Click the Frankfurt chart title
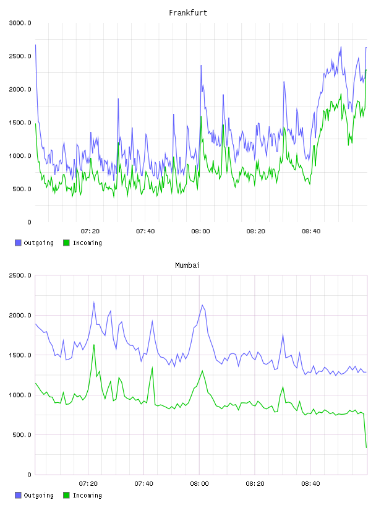[188, 13]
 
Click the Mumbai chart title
[187, 265]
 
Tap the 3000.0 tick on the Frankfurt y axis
[20, 23]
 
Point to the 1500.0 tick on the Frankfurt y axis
[20, 123]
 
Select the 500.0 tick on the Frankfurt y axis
[22, 189]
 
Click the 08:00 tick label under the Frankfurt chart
[200, 231]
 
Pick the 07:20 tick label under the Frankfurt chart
[90, 231]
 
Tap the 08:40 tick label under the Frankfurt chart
[311, 231]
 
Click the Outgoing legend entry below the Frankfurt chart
[34, 243]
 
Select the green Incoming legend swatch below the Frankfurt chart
[66, 243]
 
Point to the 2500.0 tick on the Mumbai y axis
[20, 275]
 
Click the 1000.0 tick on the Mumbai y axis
[20, 395]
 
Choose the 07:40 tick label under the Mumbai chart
[143, 484]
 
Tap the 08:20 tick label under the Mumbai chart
[255, 484]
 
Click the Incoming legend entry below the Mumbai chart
[82, 495]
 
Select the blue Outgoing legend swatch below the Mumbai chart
[18, 495]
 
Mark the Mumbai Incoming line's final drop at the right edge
[366, 447]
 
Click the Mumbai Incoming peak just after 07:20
[93, 345]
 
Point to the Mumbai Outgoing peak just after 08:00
[202, 305]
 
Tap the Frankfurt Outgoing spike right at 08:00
[201, 66]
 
